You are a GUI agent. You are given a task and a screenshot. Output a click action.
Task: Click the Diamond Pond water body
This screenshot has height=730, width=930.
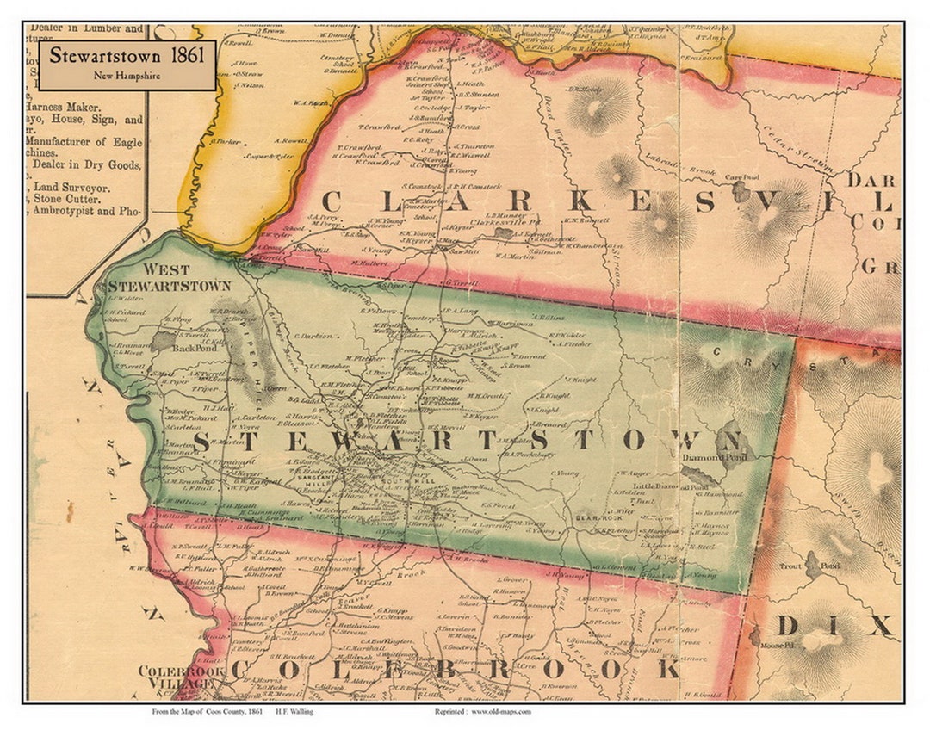click(x=698, y=474)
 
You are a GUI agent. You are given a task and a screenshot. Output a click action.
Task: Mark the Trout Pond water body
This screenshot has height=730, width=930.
click(x=812, y=565)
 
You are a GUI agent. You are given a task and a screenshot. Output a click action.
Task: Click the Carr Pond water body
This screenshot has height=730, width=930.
click(x=741, y=191)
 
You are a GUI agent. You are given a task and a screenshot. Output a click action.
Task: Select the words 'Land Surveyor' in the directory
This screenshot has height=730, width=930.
click(x=71, y=186)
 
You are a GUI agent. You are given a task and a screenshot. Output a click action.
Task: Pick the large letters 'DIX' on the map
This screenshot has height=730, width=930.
click(x=835, y=624)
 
